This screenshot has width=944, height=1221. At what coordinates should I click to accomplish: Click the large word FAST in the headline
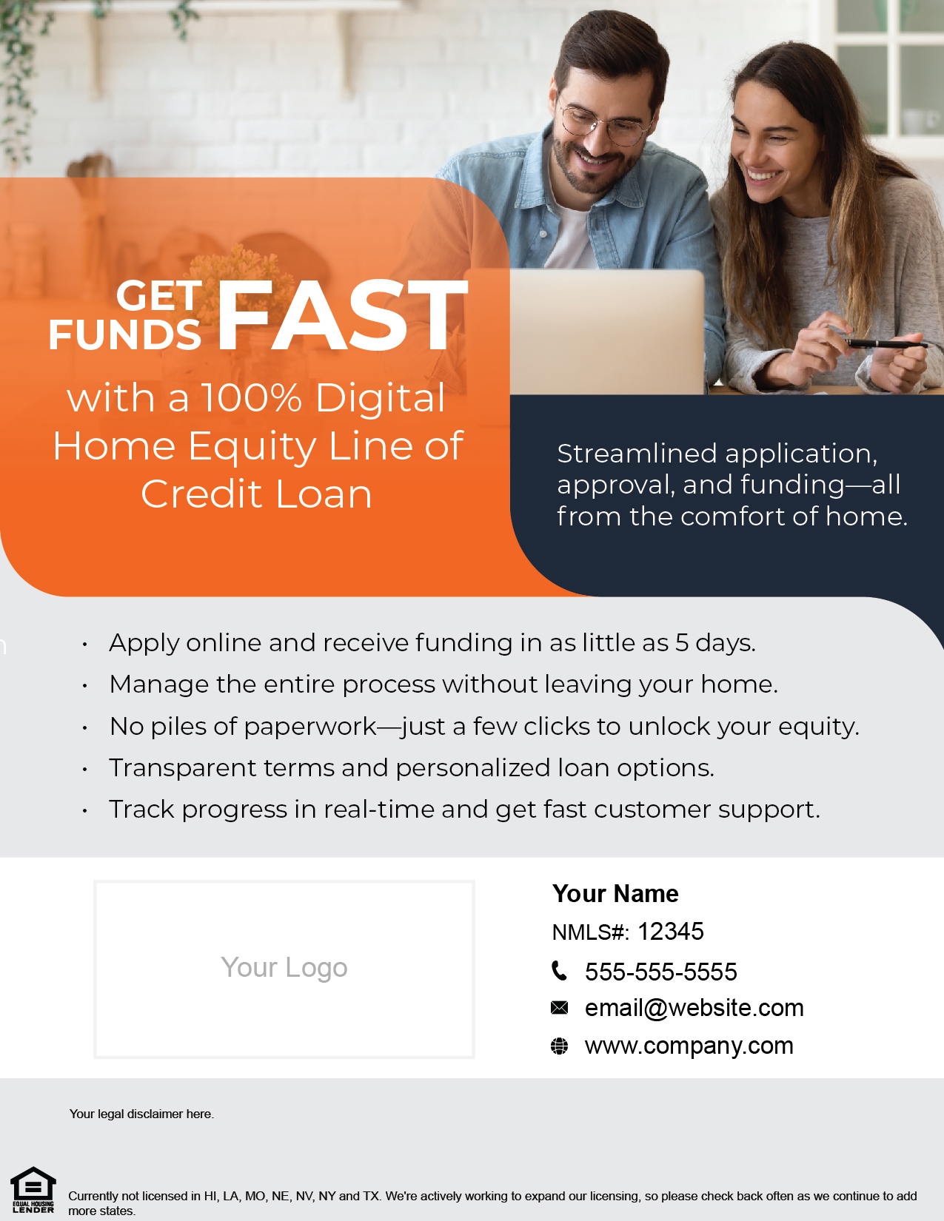tap(342, 315)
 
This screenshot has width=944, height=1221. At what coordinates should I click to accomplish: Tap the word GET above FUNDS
tap(159, 295)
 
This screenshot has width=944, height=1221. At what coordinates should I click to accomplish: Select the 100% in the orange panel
tap(251, 398)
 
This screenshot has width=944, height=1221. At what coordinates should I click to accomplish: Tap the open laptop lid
tap(607, 332)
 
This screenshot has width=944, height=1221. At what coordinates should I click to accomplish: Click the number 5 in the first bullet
tap(682, 643)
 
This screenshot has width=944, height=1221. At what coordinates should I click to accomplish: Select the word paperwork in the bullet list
tap(309, 727)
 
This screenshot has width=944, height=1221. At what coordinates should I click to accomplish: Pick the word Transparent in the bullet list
tap(183, 768)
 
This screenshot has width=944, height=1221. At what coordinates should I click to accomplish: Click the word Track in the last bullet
tap(141, 809)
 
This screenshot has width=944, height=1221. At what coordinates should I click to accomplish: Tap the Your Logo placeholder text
tap(284, 968)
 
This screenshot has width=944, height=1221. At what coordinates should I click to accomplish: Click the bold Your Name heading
tap(615, 893)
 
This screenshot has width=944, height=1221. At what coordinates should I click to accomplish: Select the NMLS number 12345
tap(670, 932)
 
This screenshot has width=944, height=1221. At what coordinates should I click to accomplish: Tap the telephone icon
tap(560, 970)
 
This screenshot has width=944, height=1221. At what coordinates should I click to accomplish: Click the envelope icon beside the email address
tap(560, 1007)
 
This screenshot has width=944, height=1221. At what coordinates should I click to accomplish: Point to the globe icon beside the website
tap(560, 1046)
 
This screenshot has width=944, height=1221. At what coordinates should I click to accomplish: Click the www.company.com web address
tap(689, 1046)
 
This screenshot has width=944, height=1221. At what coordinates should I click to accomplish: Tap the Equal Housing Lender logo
tap(33, 1190)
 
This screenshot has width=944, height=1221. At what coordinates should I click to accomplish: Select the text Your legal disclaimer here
tap(141, 1114)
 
